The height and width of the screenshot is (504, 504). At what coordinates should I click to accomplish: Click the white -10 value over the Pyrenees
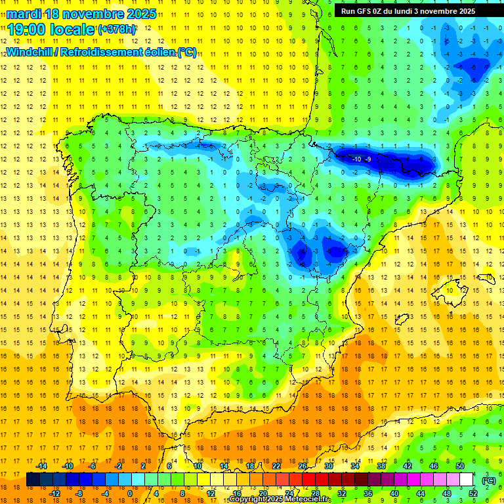(x=356, y=159)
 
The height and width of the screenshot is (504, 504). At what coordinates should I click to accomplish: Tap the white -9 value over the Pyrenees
(x=369, y=159)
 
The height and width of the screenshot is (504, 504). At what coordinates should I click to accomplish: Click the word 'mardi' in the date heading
(x=26, y=14)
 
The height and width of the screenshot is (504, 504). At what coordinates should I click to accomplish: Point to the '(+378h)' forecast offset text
(x=117, y=30)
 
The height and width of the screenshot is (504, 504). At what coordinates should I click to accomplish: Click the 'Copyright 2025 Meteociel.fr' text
(x=280, y=499)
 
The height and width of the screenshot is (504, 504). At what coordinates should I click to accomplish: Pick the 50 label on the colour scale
(x=460, y=466)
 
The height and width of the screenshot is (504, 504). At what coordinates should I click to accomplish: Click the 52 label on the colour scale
(x=473, y=493)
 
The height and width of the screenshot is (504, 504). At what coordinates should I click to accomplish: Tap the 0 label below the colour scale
(x=129, y=493)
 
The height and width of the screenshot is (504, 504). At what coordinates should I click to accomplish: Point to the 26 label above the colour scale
(x=303, y=466)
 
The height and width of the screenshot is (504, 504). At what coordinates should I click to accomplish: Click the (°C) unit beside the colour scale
(x=489, y=480)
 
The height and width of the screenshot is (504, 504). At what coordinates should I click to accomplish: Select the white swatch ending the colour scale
(x=467, y=480)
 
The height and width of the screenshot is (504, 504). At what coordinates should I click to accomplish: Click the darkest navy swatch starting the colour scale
(x=33, y=480)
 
